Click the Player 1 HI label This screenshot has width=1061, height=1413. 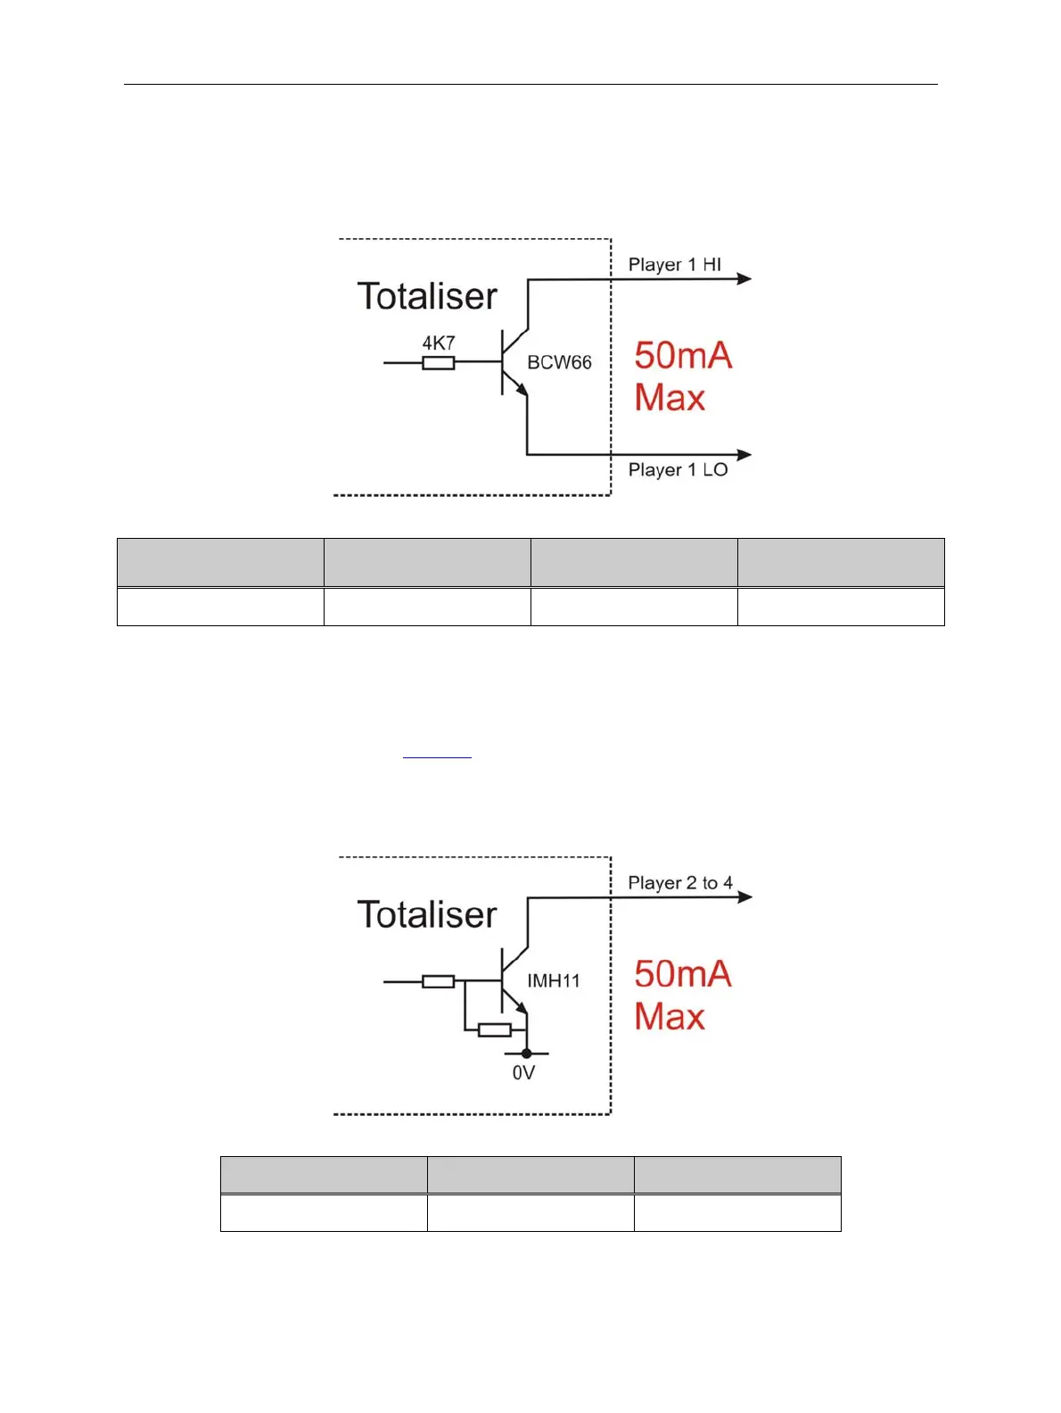(x=674, y=265)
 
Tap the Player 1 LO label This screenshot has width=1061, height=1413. (x=678, y=470)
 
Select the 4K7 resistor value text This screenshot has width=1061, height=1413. (x=439, y=343)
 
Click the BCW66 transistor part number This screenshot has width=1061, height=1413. (x=559, y=362)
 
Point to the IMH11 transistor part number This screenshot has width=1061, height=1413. (x=553, y=981)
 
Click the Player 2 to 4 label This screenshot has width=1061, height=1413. (x=680, y=883)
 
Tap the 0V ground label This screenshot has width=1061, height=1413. (x=523, y=1073)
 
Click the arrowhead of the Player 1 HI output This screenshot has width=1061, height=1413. (x=744, y=279)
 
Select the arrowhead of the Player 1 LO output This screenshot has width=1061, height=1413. (x=744, y=455)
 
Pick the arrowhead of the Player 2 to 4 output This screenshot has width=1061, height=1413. (x=744, y=897)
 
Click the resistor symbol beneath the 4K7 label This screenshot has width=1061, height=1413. (x=438, y=362)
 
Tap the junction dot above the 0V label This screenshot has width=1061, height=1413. (x=526, y=1054)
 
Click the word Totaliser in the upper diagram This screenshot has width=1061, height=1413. (x=427, y=296)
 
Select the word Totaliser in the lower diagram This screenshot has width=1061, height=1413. (x=427, y=915)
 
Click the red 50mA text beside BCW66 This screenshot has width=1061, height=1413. (x=683, y=356)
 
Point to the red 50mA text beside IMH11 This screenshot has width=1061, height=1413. (x=683, y=974)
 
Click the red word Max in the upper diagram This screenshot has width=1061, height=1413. (x=670, y=398)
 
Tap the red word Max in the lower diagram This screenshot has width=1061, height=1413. (x=670, y=1017)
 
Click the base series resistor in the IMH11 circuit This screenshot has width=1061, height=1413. (x=438, y=981)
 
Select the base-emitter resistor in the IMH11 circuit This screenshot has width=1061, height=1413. (x=494, y=1030)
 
